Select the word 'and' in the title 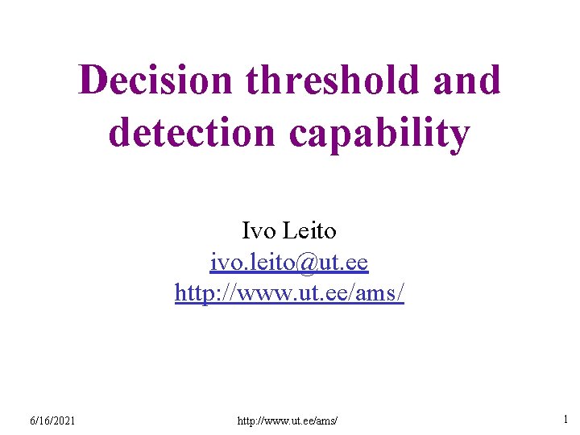pyautogui.click(x=466, y=81)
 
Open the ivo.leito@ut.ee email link pyautogui.click(x=289, y=263)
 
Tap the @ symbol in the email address pyautogui.click(x=308, y=263)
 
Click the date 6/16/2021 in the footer pyautogui.click(x=52, y=420)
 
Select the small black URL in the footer pyautogui.click(x=289, y=420)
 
